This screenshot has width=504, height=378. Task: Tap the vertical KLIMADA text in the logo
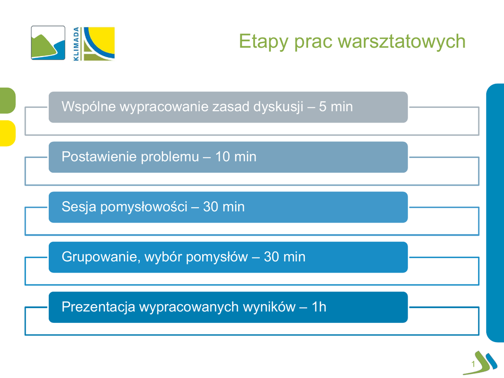tap(76, 44)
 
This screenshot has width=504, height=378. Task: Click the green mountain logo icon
tap(48, 43)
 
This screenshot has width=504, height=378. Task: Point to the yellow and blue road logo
tap(97, 44)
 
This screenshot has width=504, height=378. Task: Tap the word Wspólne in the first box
tap(89, 107)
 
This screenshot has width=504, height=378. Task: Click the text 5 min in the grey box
tap(336, 107)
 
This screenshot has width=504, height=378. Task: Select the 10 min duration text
tap(236, 157)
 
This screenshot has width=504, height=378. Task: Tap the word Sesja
tap(79, 207)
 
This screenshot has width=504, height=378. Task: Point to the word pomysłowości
tap(144, 207)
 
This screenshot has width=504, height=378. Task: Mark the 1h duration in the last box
tap(319, 307)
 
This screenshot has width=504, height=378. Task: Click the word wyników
tap(269, 307)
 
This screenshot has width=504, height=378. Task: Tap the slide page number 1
tap(473, 364)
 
